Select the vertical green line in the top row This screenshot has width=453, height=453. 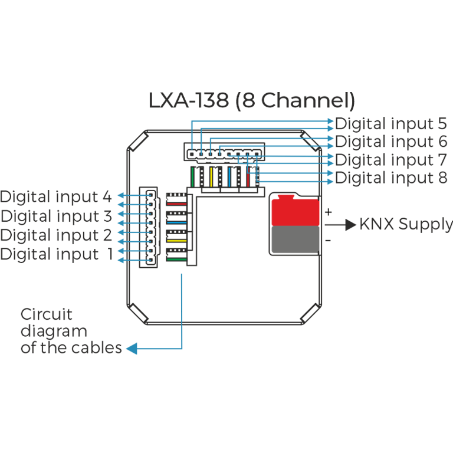click(x=193, y=177)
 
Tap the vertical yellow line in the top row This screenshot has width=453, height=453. click(x=211, y=177)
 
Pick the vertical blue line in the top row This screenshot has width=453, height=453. click(x=229, y=177)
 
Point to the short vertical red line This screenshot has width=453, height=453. click(x=248, y=177)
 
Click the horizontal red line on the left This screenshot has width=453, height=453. click(x=177, y=205)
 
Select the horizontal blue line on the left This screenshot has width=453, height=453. click(x=177, y=223)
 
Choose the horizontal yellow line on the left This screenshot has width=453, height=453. click(x=177, y=241)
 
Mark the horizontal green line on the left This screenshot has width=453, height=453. click(x=177, y=259)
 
